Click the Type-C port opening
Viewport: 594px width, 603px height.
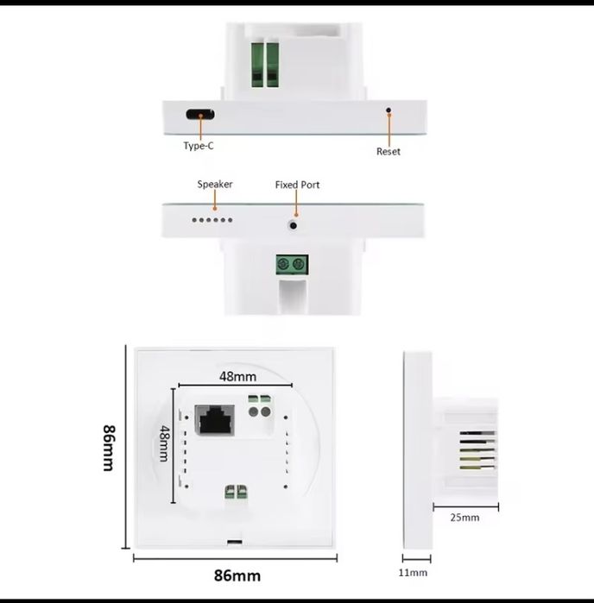[x=200, y=114]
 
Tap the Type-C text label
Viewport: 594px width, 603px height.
[x=199, y=146]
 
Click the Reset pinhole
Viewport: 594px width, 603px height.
[x=389, y=110]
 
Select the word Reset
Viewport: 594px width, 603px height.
[x=388, y=152]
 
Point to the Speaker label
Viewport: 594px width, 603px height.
[x=215, y=185]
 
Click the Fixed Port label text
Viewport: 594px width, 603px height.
[x=297, y=185]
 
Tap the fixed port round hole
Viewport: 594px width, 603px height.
[x=293, y=225]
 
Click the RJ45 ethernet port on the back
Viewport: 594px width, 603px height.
[x=215, y=420]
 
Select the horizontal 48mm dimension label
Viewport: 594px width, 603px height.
[x=238, y=376]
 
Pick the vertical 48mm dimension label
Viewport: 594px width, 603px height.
[x=164, y=443]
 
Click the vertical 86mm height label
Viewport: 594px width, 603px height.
[x=109, y=448]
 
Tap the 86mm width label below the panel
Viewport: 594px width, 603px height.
[x=237, y=575]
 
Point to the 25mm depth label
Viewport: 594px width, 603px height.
[x=464, y=518]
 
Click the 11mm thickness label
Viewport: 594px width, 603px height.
[x=413, y=573]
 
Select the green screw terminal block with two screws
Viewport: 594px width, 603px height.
[x=292, y=265]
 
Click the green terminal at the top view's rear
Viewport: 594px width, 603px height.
[x=265, y=65]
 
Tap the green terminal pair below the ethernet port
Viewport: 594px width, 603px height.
[x=236, y=493]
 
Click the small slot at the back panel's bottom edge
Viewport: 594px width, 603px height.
[x=235, y=543]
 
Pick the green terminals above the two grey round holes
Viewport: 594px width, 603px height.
[x=260, y=399]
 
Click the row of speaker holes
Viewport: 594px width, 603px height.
[x=212, y=220]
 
